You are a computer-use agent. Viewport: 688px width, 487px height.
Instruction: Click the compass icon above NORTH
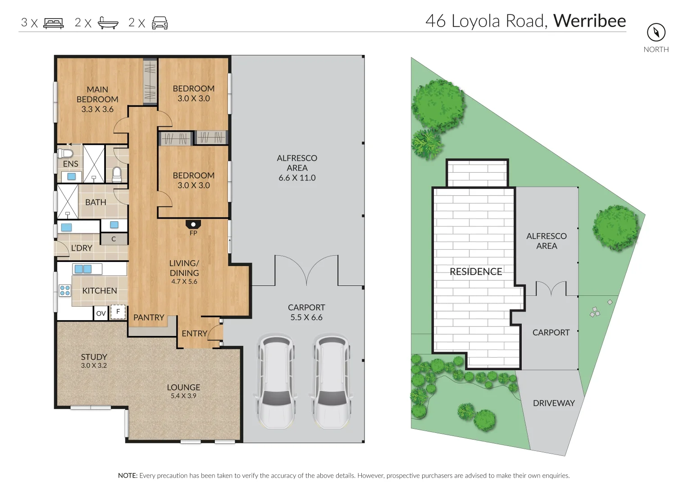[656, 32]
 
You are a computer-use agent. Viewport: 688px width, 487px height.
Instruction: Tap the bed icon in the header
[54, 23]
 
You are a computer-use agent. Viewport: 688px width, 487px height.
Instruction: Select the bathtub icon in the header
[108, 23]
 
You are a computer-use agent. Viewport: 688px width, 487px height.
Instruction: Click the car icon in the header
[160, 23]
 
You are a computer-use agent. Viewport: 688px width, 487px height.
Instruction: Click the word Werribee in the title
[589, 21]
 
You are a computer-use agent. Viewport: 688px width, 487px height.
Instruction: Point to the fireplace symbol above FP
[193, 224]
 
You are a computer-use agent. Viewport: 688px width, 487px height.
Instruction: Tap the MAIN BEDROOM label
[97, 99]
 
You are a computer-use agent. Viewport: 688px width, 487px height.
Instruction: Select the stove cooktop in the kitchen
[65, 290]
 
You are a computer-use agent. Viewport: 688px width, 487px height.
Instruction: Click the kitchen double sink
[83, 269]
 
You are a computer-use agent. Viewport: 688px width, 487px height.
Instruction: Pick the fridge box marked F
[118, 312]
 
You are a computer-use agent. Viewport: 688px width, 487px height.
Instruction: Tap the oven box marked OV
[101, 313]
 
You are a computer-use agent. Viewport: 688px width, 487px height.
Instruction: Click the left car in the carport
[276, 381]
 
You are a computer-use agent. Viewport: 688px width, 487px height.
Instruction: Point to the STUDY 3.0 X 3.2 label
[94, 361]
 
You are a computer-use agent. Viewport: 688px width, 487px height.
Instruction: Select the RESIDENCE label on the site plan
[476, 271]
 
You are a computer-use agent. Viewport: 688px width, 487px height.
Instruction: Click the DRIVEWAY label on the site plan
[554, 403]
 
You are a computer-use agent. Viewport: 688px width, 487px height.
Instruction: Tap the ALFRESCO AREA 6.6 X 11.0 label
[297, 168]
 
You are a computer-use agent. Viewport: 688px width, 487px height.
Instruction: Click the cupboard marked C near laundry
[114, 239]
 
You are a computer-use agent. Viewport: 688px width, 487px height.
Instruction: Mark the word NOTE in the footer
[128, 475]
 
